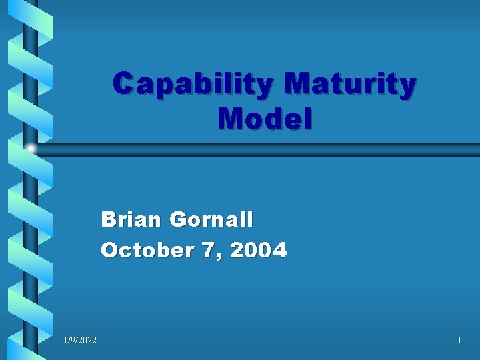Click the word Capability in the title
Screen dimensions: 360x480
point(193,85)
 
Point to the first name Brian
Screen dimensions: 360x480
point(132,219)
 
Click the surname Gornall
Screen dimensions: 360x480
point(211,219)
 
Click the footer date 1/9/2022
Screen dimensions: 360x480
point(80,341)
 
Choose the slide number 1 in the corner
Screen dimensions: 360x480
point(459,341)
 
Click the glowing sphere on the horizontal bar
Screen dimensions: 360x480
point(31,149)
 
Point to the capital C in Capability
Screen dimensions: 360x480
point(124,85)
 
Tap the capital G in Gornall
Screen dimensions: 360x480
point(179,219)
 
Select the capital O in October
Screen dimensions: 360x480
point(109,250)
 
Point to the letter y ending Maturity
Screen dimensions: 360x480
point(407,88)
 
